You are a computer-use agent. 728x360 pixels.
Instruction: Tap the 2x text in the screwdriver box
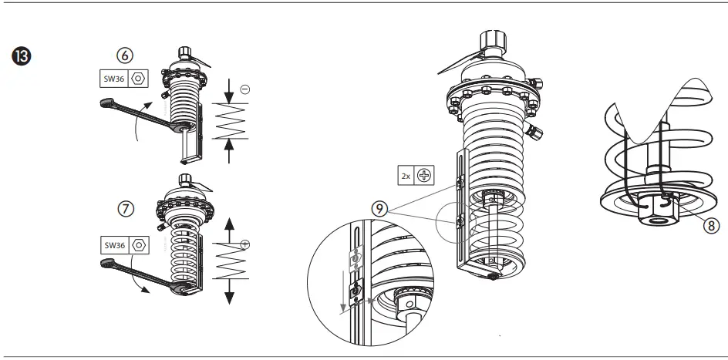pos(406,175)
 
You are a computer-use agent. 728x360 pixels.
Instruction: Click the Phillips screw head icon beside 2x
pos(423,175)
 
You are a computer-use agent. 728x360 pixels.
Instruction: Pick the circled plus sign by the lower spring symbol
pos(244,245)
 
